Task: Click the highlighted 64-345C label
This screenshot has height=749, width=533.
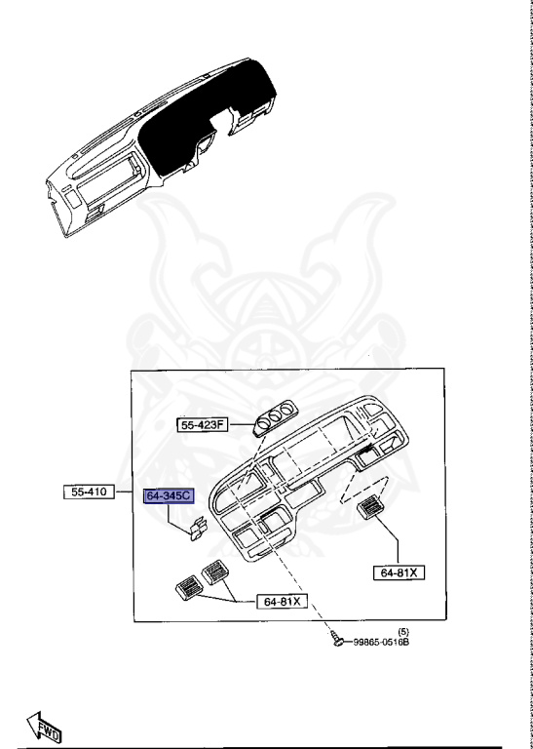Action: coord(170,496)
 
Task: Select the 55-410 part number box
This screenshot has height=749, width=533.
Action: coord(90,493)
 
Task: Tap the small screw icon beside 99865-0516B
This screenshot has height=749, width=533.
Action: coord(336,640)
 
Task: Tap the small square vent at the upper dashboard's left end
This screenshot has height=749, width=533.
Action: coord(72,200)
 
